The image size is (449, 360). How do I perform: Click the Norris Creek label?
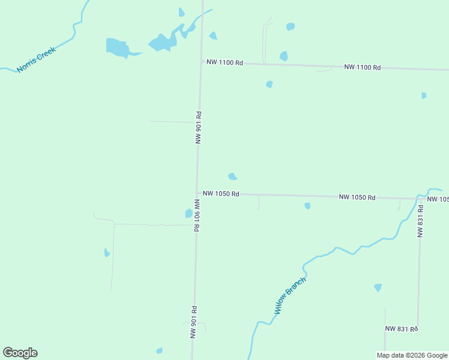(x=37, y=59)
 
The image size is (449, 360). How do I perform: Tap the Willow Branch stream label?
(x=291, y=296)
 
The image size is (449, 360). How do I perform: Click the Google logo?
(x=20, y=353)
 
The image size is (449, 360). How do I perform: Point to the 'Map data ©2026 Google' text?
(x=412, y=355)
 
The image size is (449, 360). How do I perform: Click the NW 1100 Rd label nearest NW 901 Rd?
(x=224, y=62)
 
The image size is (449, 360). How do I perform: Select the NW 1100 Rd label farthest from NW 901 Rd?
(x=363, y=67)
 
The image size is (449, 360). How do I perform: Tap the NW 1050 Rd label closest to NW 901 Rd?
(x=221, y=194)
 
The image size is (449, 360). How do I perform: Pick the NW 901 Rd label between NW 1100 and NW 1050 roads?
(x=198, y=127)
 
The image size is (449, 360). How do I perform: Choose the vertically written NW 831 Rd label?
(x=421, y=221)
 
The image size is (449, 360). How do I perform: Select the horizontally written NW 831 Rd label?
(x=401, y=328)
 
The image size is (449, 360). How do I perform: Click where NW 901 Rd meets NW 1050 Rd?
(x=197, y=193)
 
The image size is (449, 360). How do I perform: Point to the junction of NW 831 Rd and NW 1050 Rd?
(x=420, y=199)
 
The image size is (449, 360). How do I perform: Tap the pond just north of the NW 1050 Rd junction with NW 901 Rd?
(x=232, y=176)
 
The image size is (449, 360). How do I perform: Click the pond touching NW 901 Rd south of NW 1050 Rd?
(x=189, y=213)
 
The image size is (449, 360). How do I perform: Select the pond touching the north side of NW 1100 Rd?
(x=283, y=56)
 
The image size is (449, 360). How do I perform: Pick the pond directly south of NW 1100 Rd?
(x=270, y=84)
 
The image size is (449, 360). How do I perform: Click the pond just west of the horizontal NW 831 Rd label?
(x=378, y=287)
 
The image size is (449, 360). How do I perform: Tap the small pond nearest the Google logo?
(x=159, y=350)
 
